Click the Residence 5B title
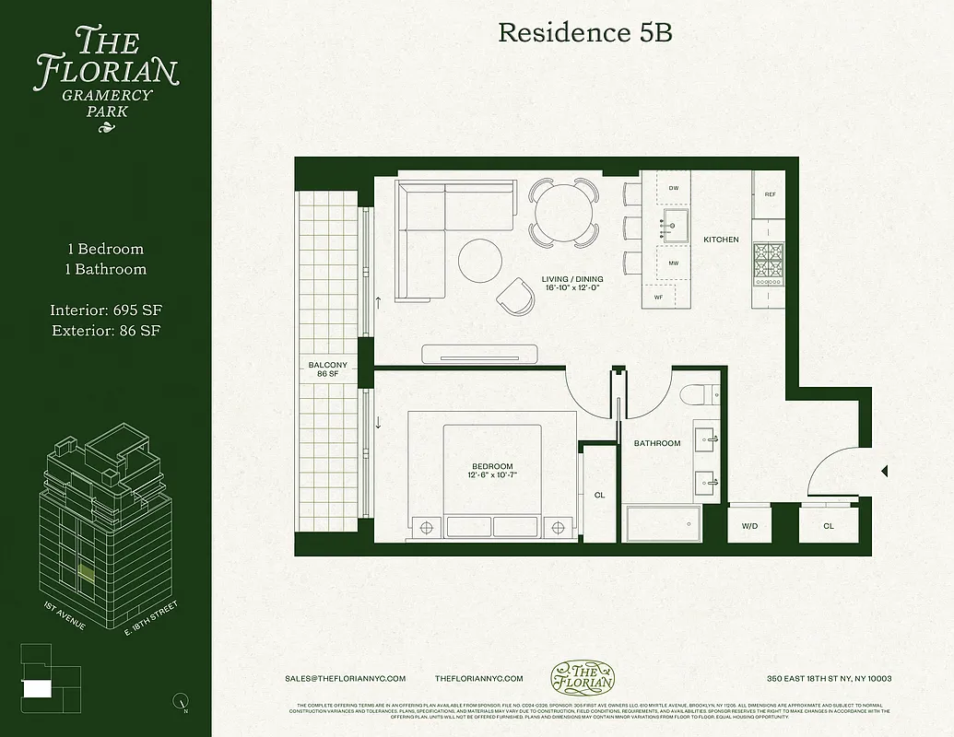(585, 32)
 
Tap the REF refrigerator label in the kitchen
(770, 194)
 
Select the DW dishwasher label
(674, 188)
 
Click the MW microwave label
(674, 263)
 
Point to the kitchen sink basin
(675, 224)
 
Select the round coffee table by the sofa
(481, 261)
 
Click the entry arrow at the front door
(885, 471)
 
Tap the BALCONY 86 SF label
(328, 369)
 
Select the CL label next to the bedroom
(599, 496)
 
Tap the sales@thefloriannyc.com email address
(346, 678)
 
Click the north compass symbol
(181, 703)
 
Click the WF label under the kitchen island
(658, 297)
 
